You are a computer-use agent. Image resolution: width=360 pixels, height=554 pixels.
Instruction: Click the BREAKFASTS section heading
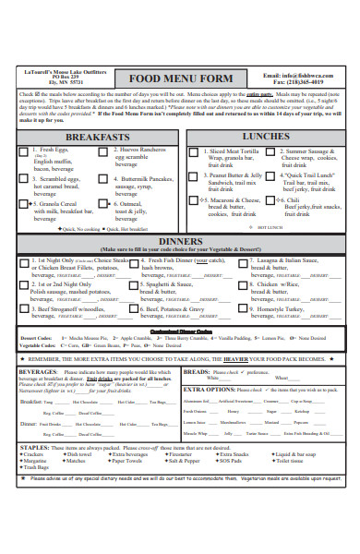[91, 137]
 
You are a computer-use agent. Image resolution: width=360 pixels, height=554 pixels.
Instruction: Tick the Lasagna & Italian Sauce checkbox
[242, 262]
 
